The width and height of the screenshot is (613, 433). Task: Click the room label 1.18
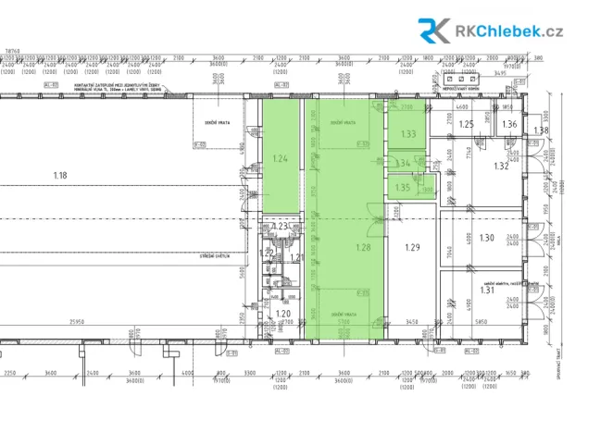point(61,175)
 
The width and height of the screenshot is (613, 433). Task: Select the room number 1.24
point(281,158)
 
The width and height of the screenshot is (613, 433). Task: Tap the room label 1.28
point(363,248)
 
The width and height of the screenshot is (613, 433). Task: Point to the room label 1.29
point(413,246)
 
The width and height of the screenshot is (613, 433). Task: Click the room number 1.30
point(487,238)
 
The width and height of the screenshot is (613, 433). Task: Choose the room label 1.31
point(487,290)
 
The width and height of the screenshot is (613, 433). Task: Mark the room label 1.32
point(501,167)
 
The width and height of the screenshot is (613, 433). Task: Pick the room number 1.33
point(408,134)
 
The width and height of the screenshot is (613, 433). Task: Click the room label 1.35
point(402,187)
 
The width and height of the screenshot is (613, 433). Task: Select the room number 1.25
point(467,125)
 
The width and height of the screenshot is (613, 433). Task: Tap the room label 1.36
point(509,125)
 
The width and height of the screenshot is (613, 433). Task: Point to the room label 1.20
point(283,315)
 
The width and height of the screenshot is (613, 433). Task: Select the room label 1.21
point(298,256)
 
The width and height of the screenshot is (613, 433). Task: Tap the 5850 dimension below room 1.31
point(482,321)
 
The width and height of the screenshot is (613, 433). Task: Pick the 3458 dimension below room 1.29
point(413,321)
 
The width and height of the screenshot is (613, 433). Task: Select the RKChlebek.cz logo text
point(509,31)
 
